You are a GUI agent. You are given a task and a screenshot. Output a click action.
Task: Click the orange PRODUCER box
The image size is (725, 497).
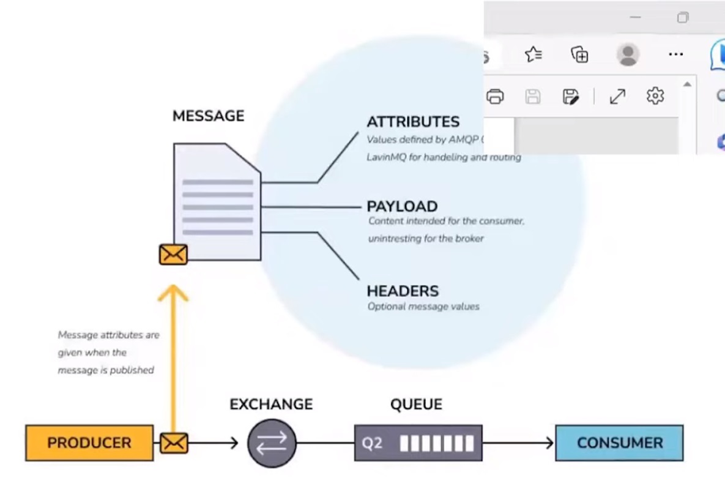89,443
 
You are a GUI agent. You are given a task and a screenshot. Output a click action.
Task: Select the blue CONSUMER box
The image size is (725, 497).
619,443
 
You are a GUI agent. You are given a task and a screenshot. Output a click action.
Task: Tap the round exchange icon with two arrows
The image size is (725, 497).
272,443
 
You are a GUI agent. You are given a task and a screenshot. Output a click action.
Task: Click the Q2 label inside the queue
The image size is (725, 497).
372,443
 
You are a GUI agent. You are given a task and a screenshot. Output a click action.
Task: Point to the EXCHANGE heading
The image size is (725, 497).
271,404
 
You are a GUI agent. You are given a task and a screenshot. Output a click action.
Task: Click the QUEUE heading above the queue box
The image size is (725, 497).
416,404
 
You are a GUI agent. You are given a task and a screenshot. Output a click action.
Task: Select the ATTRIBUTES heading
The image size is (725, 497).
413,122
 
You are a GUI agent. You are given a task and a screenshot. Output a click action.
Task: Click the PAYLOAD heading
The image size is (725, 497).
402,206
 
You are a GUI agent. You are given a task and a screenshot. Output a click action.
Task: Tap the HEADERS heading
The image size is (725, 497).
403,291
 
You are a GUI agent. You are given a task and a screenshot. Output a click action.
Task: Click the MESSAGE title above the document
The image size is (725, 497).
208,116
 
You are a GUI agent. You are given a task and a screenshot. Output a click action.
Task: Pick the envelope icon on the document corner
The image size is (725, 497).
173,254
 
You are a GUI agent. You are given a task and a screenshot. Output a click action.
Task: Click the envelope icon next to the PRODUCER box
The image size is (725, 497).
174,443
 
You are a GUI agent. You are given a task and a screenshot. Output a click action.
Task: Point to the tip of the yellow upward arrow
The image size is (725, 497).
173,288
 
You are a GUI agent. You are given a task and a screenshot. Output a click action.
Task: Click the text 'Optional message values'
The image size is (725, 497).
423,307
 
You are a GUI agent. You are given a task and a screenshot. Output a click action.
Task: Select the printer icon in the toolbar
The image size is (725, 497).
495,96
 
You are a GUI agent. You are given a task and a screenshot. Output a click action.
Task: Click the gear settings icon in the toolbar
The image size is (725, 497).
655,96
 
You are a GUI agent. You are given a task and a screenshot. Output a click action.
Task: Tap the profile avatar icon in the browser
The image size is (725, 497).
628,54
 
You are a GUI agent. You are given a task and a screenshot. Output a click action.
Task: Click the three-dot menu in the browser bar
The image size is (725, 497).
675,54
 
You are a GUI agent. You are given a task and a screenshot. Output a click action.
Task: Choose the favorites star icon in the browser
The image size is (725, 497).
534,54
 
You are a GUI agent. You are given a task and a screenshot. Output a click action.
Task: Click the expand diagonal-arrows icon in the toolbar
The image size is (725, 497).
617,96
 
